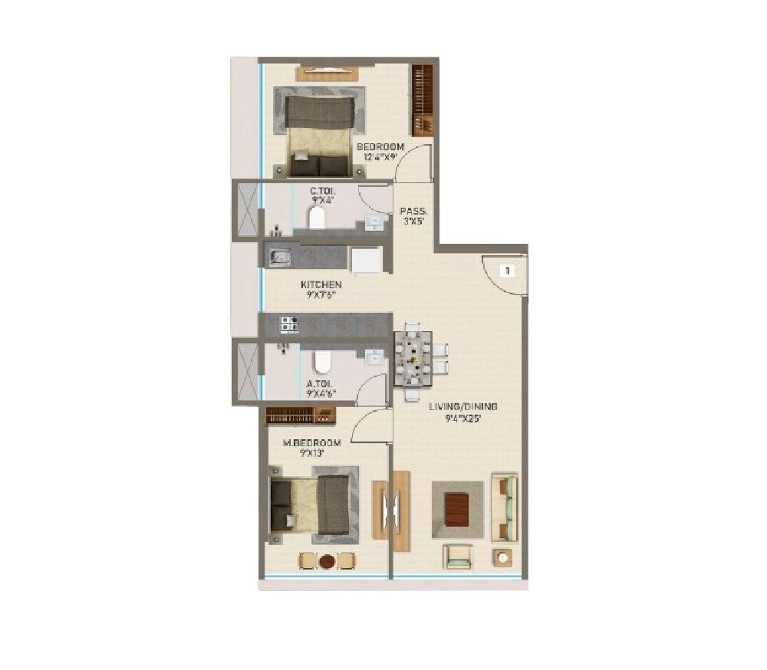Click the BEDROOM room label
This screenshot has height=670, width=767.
[380, 147]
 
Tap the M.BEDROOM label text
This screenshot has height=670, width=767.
[311, 443]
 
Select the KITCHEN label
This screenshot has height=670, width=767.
[321, 285]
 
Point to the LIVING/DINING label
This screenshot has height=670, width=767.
[463, 406]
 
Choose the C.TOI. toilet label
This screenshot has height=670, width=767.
[321, 190]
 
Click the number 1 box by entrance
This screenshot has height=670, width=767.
[507, 270]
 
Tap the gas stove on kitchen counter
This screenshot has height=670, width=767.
[289, 324]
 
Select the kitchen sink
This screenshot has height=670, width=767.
[278, 258]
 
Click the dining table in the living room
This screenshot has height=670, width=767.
[413, 358]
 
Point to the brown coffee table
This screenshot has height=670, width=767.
[456, 509]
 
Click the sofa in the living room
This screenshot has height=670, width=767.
[505, 507]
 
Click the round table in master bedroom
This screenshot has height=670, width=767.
[328, 561]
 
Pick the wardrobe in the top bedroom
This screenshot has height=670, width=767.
[422, 100]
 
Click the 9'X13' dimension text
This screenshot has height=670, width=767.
[311, 453]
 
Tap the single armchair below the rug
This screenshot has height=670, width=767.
[457, 556]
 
